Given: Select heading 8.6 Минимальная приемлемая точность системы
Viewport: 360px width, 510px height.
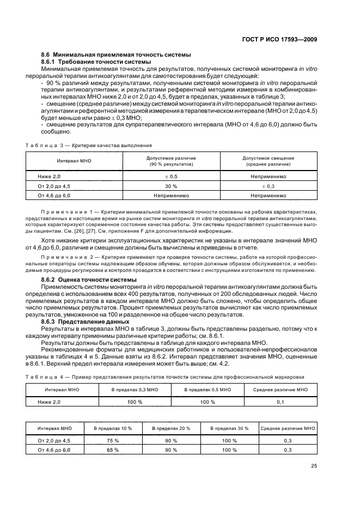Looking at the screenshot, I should tap(116, 55).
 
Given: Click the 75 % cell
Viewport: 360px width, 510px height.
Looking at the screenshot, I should tap(113, 440).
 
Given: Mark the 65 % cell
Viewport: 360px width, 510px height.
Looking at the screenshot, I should tap(113, 450).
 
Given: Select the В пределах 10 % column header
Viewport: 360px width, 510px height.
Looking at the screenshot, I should tap(113, 429).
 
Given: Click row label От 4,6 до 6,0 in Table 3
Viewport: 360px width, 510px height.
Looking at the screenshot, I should tap(54, 195).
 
